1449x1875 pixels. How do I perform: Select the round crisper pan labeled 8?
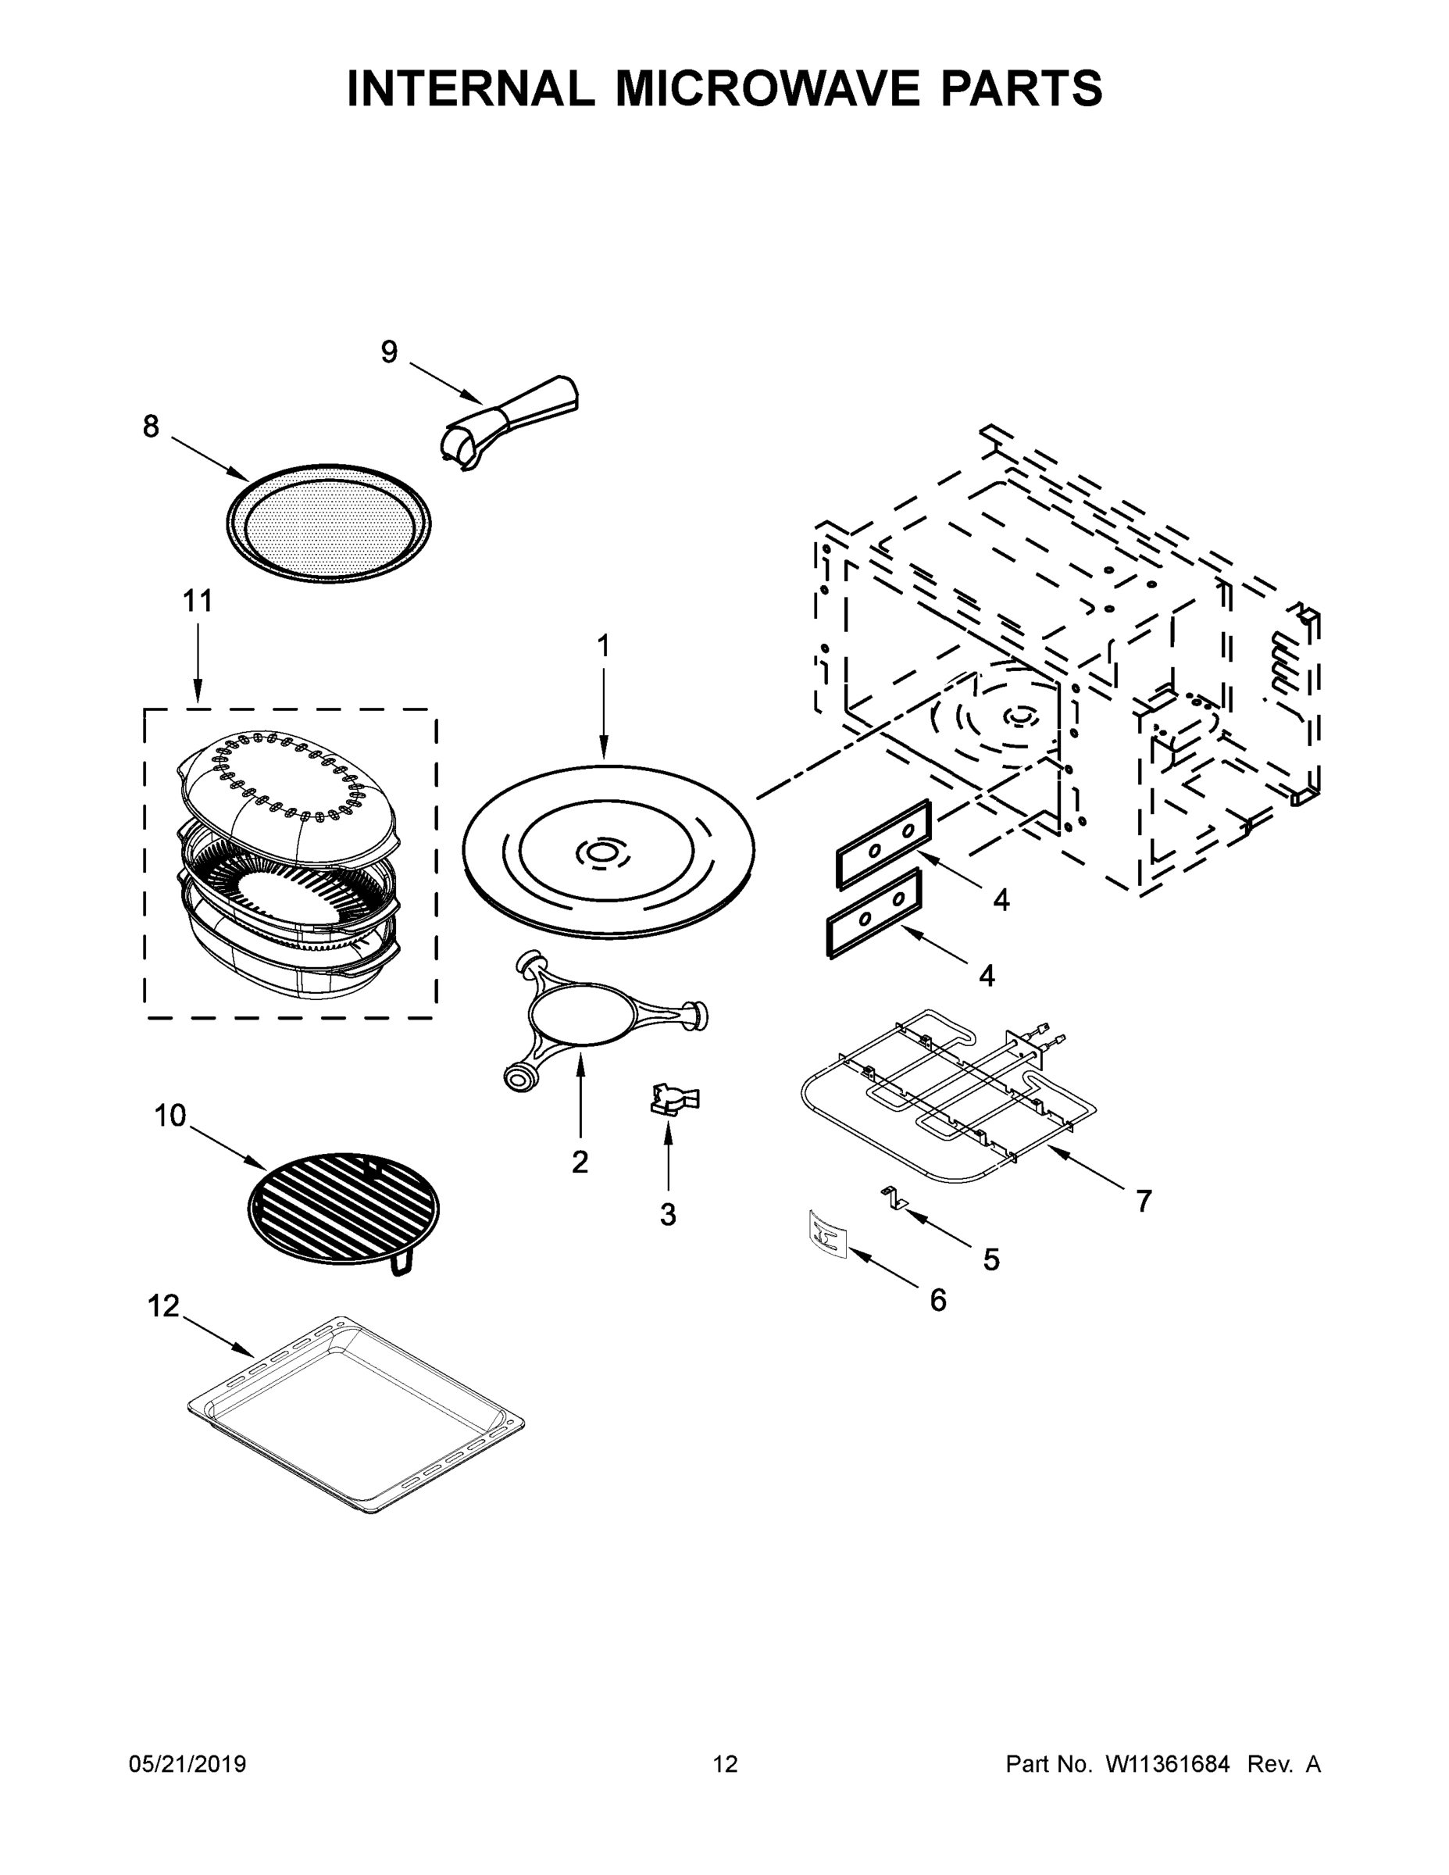pyautogui.click(x=329, y=523)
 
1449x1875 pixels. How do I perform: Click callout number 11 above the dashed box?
pyautogui.click(x=198, y=601)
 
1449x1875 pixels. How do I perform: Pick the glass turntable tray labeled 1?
pyautogui.click(x=609, y=851)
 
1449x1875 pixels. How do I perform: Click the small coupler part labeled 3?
pyautogui.click(x=676, y=1100)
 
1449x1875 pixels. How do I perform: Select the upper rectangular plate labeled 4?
pyautogui.click(x=883, y=843)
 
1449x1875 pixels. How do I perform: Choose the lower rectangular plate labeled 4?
pyautogui.click(x=874, y=913)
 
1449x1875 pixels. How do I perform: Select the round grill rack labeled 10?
pyautogui.click(x=344, y=1209)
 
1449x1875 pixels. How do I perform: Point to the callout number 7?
pyautogui.click(x=1144, y=1201)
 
